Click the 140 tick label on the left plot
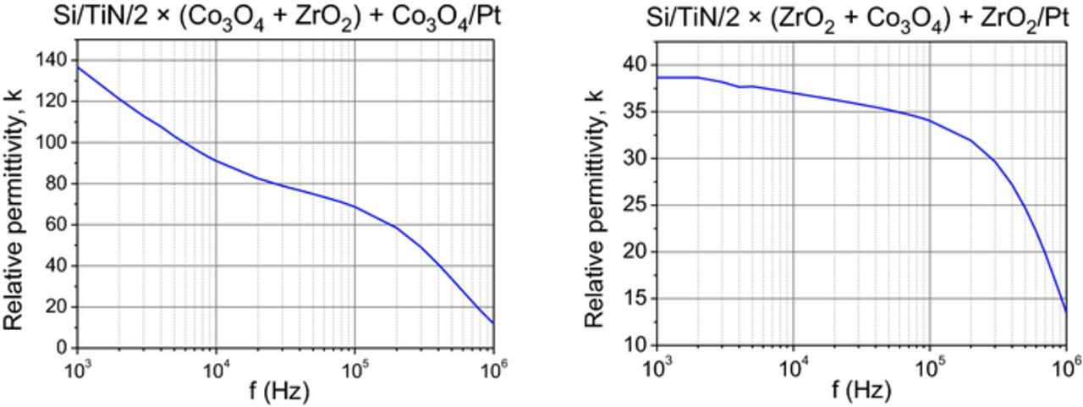[x=52, y=59]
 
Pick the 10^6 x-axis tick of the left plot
[x=493, y=367]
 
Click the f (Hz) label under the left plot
[x=279, y=391]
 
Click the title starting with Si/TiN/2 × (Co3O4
[x=279, y=16]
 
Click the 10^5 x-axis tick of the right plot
[x=931, y=367]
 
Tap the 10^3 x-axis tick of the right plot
[x=657, y=367]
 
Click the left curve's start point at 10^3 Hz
[x=79, y=67]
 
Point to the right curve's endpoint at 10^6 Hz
[x=1066, y=312]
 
